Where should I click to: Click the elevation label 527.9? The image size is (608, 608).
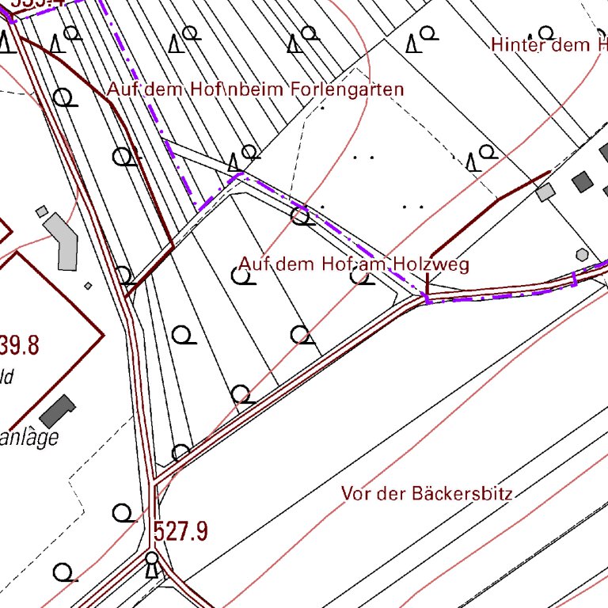click(x=180, y=531)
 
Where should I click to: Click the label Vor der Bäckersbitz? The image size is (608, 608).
click(x=427, y=494)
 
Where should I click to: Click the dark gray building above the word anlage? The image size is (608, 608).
click(x=58, y=411)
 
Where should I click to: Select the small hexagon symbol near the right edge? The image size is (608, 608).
click(x=583, y=254)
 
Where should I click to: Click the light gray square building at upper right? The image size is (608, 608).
click(x=545, y=192)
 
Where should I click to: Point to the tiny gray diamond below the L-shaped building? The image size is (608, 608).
click(x=88, y=286)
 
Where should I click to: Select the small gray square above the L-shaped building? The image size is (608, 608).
click(x=42, y=211)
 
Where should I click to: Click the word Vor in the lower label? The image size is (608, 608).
click(x=355, y=494)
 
